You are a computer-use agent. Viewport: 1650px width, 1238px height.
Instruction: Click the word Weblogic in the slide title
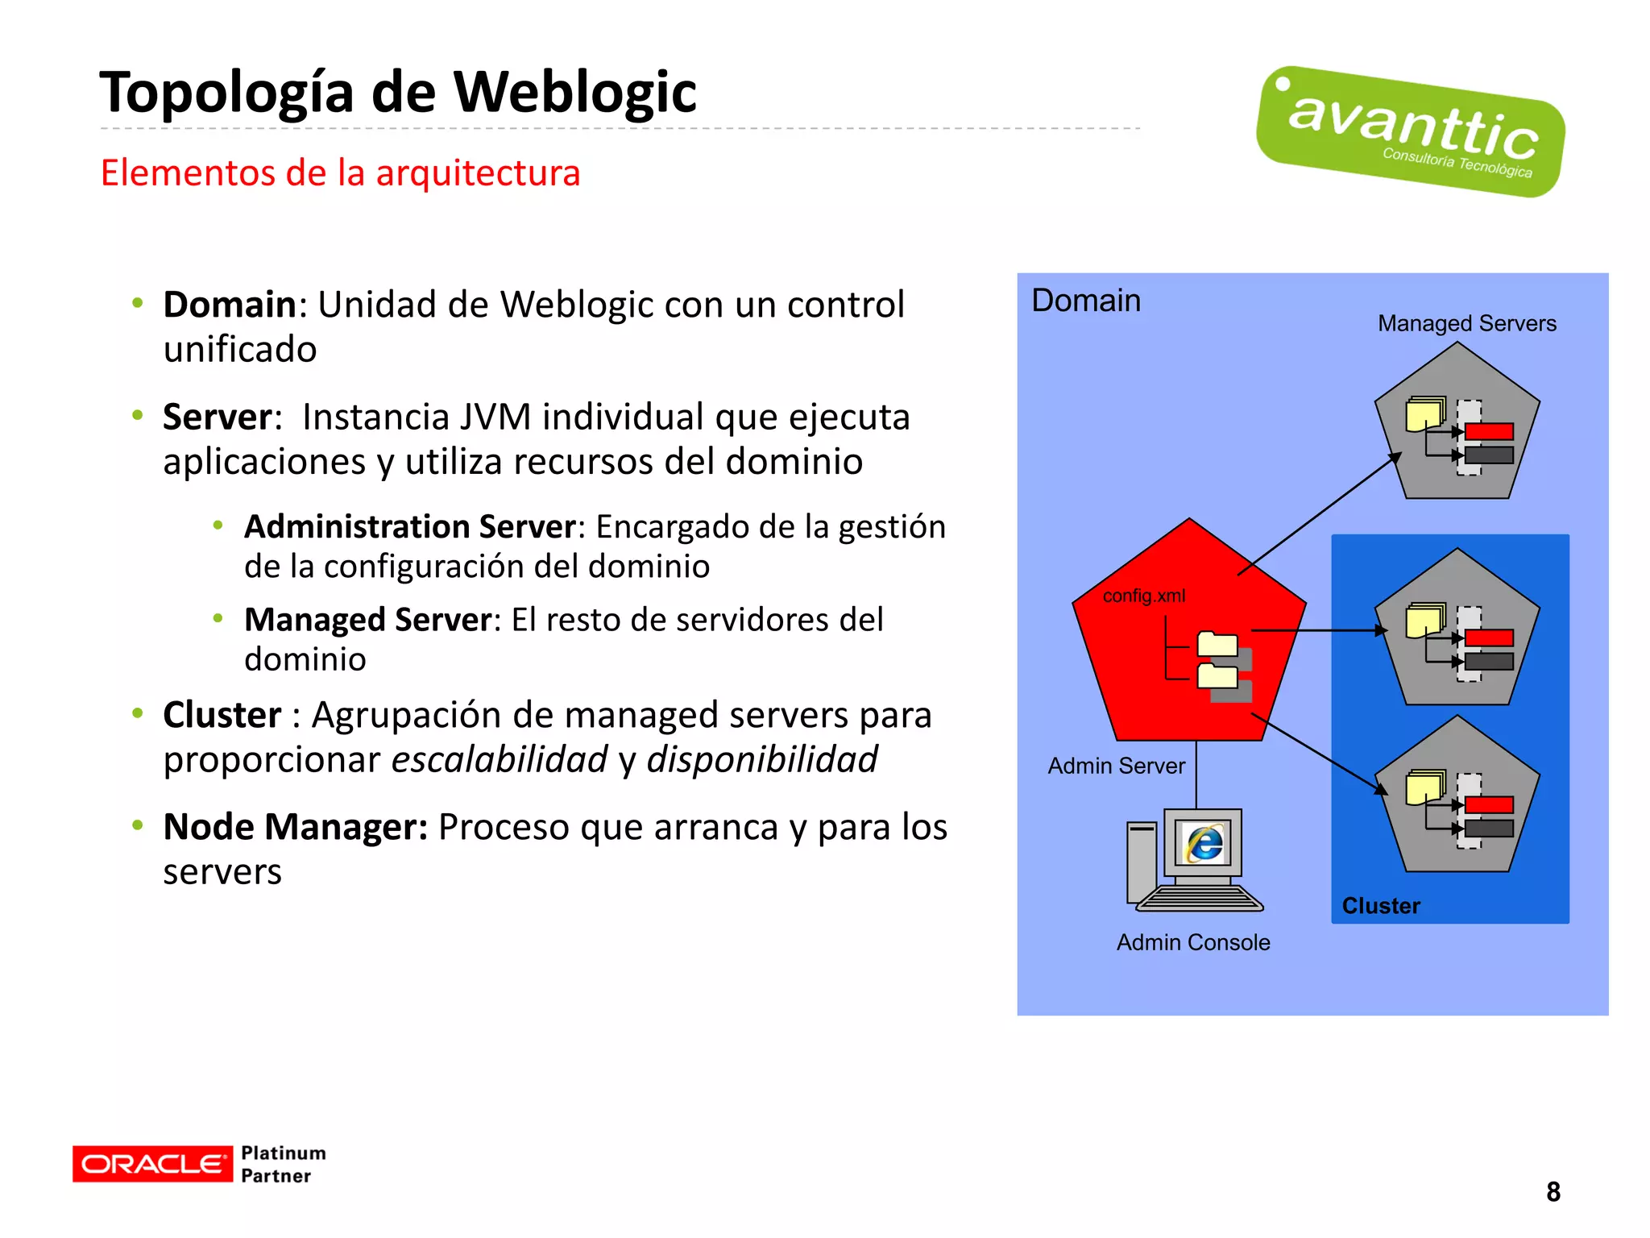click(574, 93)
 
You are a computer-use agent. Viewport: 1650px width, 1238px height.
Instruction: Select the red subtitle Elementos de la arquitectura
click(339, 172)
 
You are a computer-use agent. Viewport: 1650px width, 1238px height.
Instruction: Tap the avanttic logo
click(1410, 131)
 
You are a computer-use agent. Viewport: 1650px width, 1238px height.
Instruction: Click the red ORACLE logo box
click(151, 1164)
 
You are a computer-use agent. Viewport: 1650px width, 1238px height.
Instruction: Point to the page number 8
click(1553, 1191)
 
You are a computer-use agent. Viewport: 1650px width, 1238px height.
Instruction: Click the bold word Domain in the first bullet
click(230, 305)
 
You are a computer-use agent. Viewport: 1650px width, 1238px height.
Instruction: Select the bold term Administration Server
click(410, 526)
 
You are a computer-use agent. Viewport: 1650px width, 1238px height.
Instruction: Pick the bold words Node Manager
click(295, 827)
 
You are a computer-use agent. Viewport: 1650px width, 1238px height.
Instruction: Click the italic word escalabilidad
click(500, 759)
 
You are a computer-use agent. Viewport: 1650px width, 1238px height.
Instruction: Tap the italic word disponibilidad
click(761, 759)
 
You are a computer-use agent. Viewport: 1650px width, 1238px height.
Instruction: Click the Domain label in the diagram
click(1085, 301)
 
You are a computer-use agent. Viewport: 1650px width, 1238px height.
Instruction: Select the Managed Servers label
click(1466, 323)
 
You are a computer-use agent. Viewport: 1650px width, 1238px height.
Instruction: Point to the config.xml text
click(1143, 596)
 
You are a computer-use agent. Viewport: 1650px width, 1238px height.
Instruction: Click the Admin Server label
click(1116, 766)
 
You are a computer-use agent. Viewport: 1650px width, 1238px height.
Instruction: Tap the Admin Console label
click(1192, 942)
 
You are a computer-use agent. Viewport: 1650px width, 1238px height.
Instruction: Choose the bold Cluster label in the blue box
click(1380, 906)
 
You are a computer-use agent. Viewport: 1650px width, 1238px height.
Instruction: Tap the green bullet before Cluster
click(138, 713)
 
